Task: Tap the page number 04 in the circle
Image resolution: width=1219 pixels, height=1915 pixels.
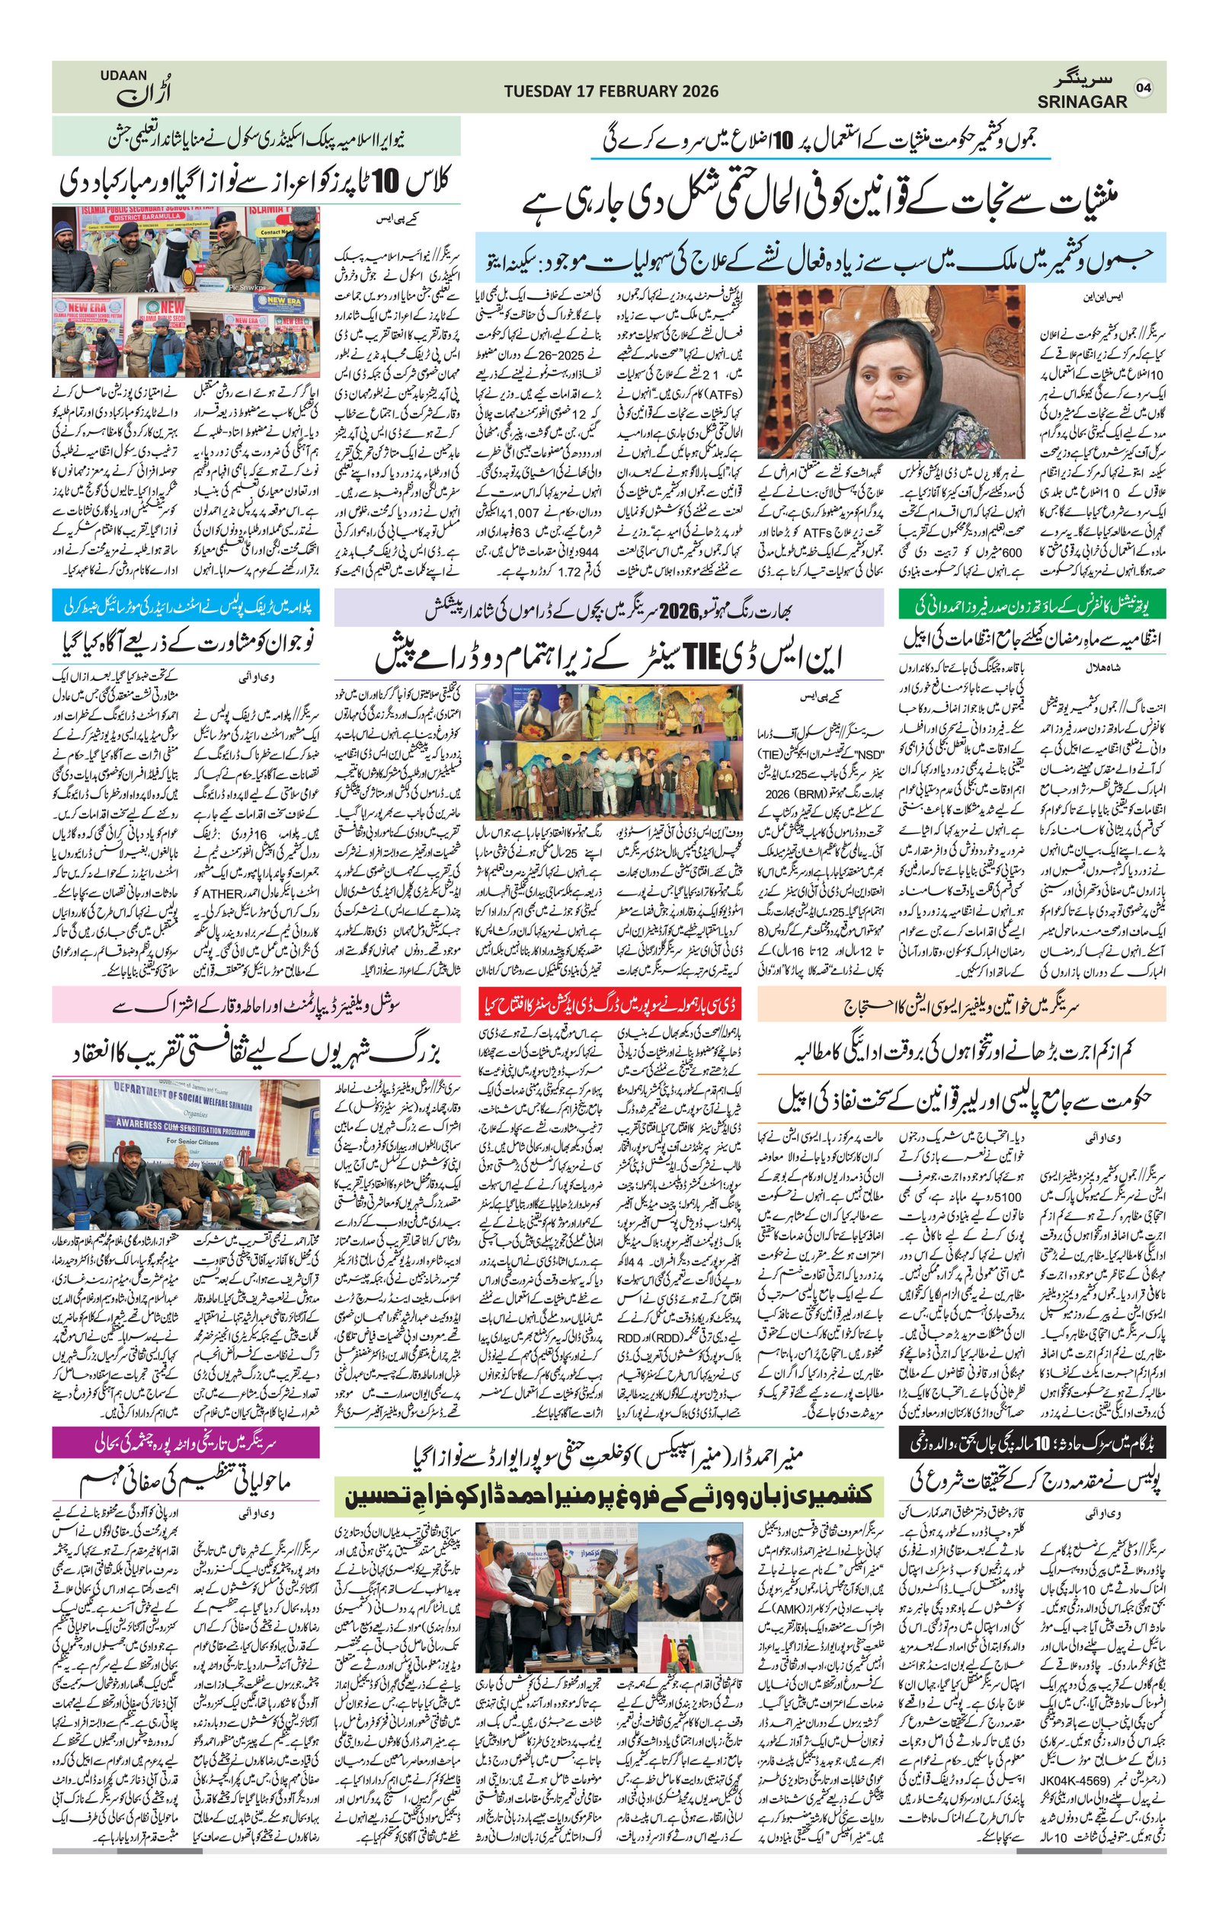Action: [x=1144, y=88]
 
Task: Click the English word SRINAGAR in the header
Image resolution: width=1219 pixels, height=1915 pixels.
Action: [x=1081, y=102]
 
